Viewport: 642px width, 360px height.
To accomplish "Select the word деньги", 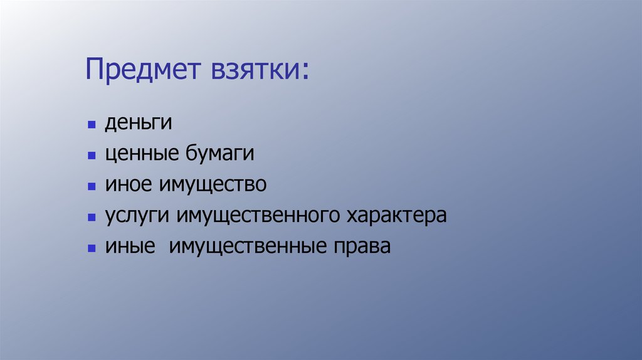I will tap(138, 123).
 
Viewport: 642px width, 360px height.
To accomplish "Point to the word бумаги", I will tap(218, 154).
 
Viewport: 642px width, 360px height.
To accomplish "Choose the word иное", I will tap(129, 184).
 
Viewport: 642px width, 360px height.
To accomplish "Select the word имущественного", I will tap(258, 216).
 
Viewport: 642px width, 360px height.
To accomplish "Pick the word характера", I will tap(396, 216).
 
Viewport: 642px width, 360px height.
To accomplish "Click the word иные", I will tap(130, 246).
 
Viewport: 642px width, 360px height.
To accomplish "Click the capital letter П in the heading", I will tap(94, 69).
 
